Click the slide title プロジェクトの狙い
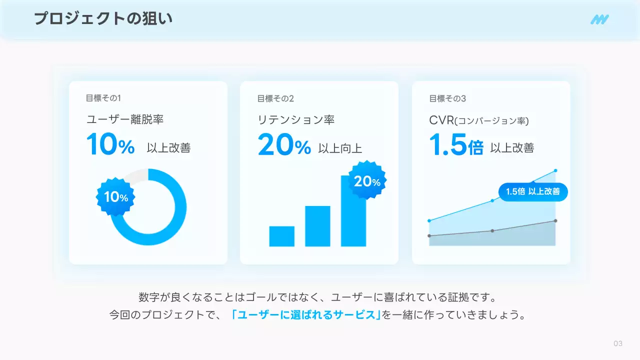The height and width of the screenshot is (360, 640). click(103, 19)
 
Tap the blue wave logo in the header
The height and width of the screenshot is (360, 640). click(599, 19)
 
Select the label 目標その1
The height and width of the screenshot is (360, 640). click(103, 98)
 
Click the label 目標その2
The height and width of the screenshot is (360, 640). click(275, 98)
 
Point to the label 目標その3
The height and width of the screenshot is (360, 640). click(447, 98)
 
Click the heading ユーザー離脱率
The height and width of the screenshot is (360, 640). click(124, 120)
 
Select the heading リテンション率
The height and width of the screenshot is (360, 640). click(296, 120)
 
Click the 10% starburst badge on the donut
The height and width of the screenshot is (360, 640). click(116, 197)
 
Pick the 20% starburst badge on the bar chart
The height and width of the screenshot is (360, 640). click(367, 181)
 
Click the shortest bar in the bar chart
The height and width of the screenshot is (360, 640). click(281, 236)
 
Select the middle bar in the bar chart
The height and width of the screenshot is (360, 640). click(317, 226)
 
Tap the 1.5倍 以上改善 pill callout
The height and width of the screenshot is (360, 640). click(532, 191)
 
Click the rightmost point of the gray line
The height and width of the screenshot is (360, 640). click(555, 220)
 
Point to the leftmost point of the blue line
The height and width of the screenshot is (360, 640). click(429, 220)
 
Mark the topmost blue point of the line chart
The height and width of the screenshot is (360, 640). click(555, 170)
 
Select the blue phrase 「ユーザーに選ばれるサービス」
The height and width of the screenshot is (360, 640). click(306, 315)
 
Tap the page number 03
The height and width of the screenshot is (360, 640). click(618, 343)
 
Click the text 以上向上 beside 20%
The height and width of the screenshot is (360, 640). click(340, 148)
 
